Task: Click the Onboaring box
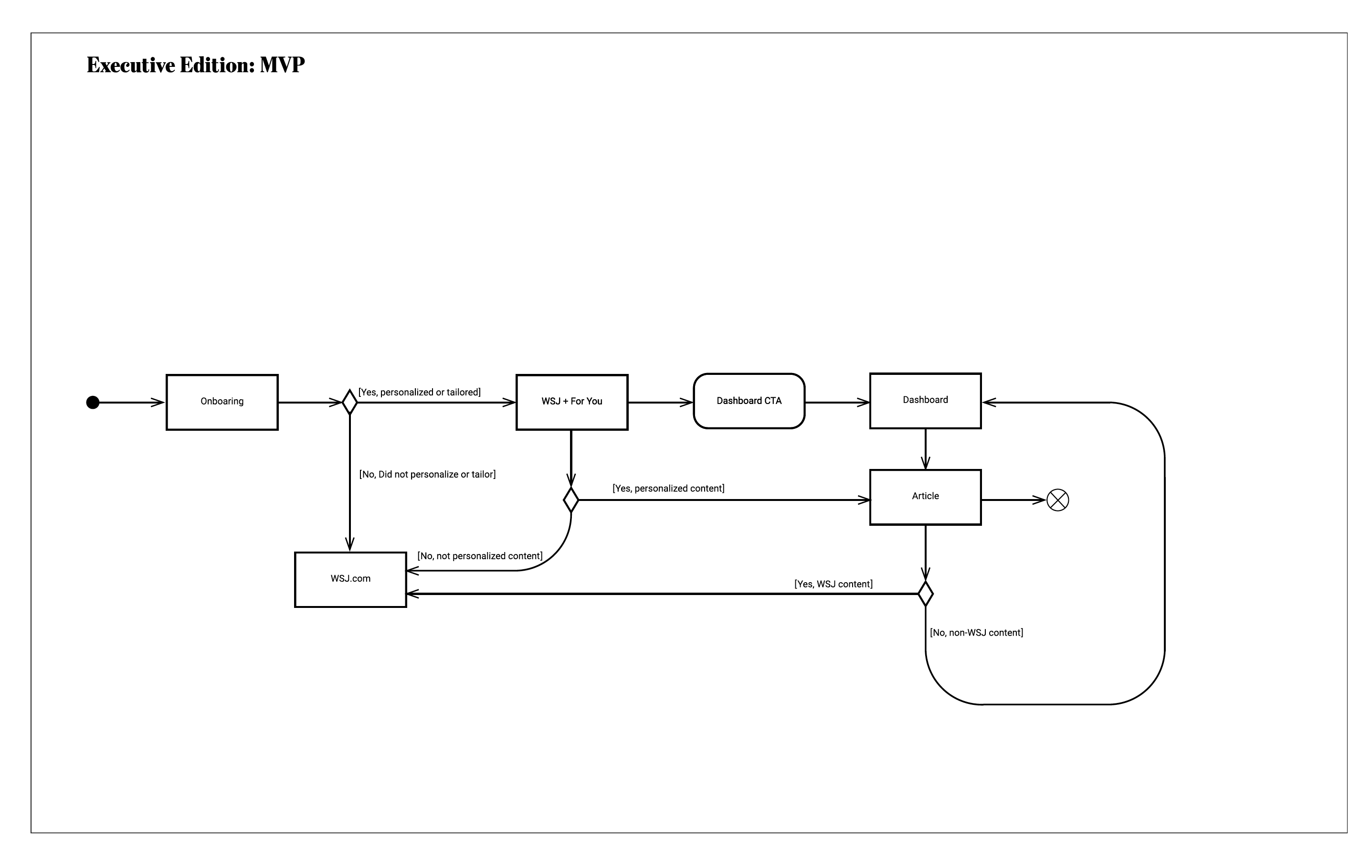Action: pos(222,402)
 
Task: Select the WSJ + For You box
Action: pos(571,402)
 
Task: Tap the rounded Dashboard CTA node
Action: pos(749,401)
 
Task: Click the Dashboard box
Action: pos(925,401)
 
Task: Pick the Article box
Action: pos(925,497)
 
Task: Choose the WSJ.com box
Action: pos(350,579)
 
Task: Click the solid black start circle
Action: pos(93,403)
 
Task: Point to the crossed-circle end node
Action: pos(1057,500)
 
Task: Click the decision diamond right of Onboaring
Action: pos(349,403)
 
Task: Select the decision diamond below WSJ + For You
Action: pos(571,500)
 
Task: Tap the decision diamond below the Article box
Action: pos(925,594)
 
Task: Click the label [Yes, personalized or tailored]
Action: pos(419,392)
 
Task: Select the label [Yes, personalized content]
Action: pos(668,489)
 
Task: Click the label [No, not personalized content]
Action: pos(480,556)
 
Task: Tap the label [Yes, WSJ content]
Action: pos(833,584)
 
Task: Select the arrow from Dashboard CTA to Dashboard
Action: pos(837,403)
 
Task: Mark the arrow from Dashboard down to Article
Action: pos(925,448)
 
